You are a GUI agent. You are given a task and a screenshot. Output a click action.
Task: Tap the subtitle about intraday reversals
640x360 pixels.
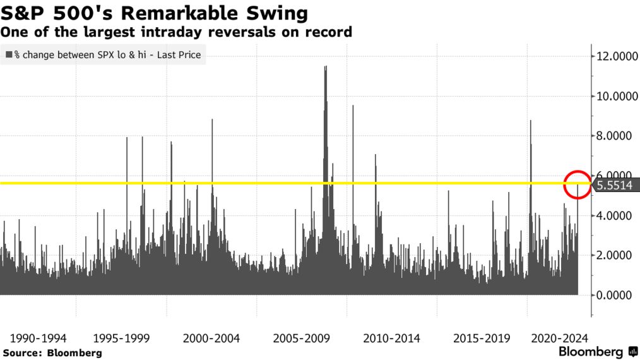[x=177, y=32]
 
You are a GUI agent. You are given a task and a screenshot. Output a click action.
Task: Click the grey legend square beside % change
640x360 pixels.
[x=9, y=55]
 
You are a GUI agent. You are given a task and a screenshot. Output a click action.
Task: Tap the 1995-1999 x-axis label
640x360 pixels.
[x=121, y=338]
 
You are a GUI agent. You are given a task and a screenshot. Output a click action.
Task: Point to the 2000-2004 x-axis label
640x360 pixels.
[x=211, y=338]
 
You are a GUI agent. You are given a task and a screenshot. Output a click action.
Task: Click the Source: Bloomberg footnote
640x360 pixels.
[x=52, y=352]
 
